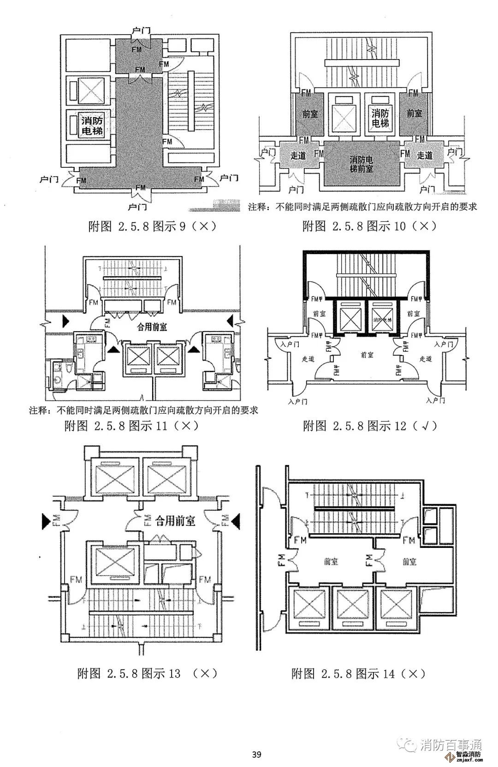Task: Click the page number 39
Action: point(257,755)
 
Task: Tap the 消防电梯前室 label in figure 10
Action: point(361,164)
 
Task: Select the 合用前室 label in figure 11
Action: point(152,327)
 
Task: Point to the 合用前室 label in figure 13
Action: point(175,521)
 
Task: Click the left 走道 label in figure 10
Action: point(298,155)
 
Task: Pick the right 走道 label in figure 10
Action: point(424,155)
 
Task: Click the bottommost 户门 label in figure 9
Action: point(137,206)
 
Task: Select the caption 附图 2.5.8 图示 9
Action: point(152,226)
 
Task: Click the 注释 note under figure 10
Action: point(362,207)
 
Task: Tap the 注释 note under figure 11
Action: point(143,410)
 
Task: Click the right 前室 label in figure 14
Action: point(409,561)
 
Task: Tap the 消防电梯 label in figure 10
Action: point(380,118)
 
